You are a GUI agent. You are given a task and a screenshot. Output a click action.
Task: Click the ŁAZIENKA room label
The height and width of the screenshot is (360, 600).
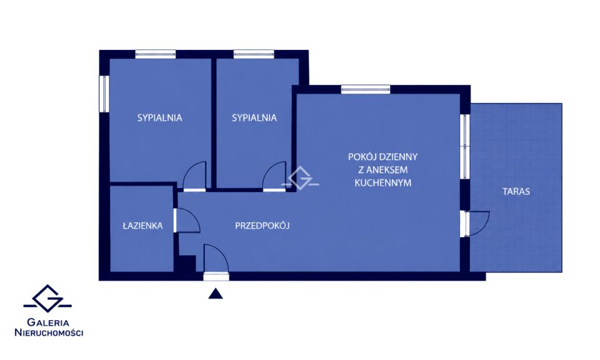[142, 226]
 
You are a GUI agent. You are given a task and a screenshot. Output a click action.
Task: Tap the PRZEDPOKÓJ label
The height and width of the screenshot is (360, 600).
[262, 226]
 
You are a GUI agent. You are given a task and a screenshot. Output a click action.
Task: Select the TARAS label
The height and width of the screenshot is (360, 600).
[516, 191]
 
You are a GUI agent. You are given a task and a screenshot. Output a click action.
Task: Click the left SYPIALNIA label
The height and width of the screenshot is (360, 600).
[159, 118]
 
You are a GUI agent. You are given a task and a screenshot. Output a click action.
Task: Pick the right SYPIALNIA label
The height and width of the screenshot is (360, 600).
[254, 118]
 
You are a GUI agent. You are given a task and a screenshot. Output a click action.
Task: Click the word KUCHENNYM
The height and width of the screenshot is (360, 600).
[382, 183]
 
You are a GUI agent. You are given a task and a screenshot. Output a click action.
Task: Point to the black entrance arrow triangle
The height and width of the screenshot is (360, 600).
[216, 293]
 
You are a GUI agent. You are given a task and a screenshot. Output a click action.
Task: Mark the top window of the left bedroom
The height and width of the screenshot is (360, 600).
[156, 54]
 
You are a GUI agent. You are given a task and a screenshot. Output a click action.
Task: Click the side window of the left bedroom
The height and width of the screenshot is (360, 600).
[104, 94]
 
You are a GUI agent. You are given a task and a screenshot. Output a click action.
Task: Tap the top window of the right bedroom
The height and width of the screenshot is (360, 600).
[254, 54]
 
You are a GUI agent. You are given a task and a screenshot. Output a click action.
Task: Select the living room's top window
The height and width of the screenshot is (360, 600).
[366, 89]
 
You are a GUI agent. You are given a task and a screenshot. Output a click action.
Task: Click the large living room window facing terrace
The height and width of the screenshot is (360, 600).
[465, 146]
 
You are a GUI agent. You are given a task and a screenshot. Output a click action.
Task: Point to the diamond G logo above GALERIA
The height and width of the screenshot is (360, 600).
[47, 298]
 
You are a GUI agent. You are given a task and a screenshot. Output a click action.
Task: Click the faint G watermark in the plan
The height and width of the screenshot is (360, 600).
[301, 178]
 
